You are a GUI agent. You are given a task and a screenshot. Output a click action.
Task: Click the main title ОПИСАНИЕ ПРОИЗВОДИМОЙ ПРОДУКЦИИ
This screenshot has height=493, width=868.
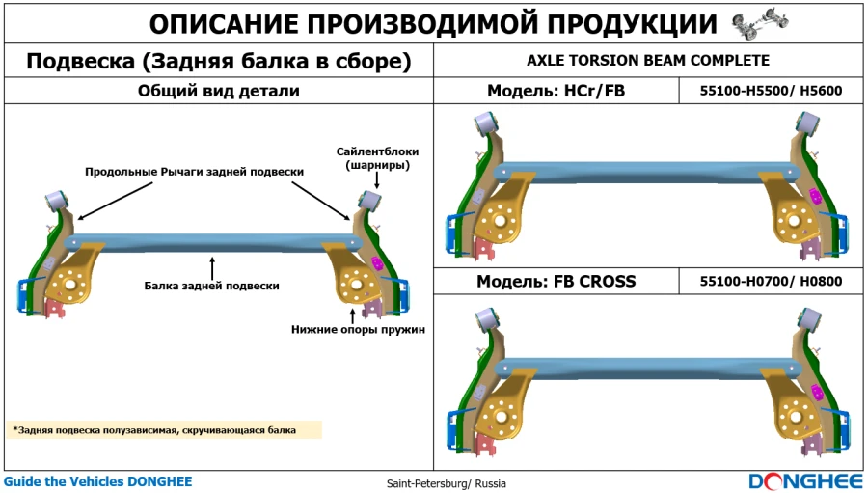pyautogui.click(x=434, y=24)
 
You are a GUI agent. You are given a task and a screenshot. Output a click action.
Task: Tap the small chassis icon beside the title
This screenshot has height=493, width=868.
pyautogui.click(x=753, y=24)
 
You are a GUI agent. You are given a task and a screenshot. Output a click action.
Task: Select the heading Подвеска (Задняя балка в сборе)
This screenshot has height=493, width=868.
pyautogui.click(x=219, y=62)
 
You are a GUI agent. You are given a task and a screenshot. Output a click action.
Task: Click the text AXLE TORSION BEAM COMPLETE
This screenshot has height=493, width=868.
pyautogui.click(x=648, y=61)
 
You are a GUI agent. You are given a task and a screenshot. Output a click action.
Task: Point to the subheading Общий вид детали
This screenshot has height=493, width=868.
pyautogui.click(x=219, y=92)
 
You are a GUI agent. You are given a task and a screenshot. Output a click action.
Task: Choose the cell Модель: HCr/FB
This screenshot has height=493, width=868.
pyautogui.click(x=556, y=92)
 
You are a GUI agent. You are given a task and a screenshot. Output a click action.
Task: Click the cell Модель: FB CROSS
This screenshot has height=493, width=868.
pyautogui.click(x=556, y=282)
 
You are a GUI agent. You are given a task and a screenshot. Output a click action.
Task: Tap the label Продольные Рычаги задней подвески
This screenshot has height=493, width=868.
pyautogui.click(x=195, y=171)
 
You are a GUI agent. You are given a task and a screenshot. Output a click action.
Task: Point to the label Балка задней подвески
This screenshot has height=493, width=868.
pyautogui.click(x=212, y=286)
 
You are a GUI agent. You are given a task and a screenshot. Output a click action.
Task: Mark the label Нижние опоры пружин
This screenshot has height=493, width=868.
pyautogui.click(x=359, y=329)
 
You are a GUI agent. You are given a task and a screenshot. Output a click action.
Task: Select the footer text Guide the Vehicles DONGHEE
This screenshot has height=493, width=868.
pyautogui.click(x=97, y=481)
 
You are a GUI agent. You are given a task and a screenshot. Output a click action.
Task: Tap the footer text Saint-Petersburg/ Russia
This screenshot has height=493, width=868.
pyautogui.click(x=447, y=483)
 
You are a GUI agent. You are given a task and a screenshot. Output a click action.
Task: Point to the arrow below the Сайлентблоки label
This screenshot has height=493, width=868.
pyautogui.click(x=377, y=180)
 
